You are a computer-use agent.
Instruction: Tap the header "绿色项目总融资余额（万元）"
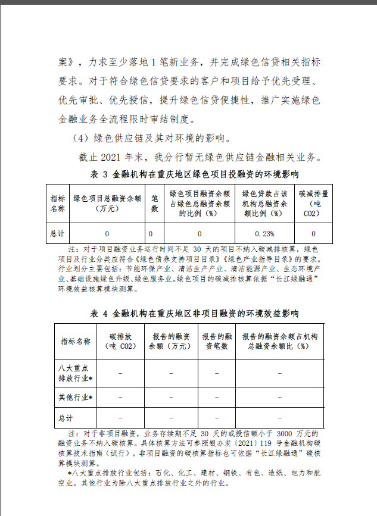click(x=107, y=204)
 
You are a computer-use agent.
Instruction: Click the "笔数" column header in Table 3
click(x=154, y=204)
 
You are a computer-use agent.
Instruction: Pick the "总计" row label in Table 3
click(x=57, y=233)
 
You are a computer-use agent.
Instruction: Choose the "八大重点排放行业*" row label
click(x=75, y=373)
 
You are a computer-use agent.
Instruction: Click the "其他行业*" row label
click(x=75, y=396)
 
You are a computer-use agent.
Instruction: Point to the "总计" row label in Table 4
click(x=66, y=417)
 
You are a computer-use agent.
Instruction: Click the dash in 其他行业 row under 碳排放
click(x=121, y=396)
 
